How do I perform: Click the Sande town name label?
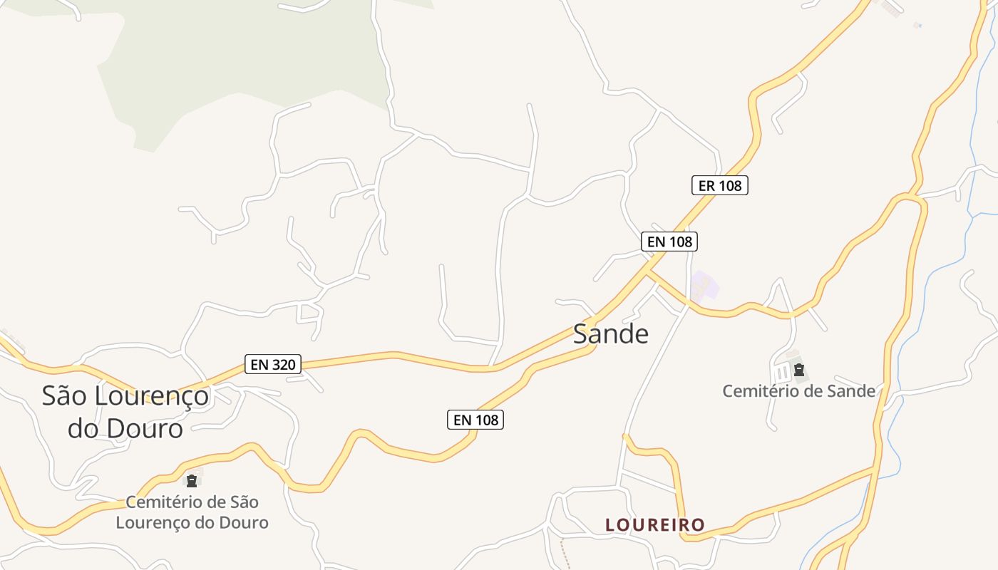611,333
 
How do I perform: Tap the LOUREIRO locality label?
654,525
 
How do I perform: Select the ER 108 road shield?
719,185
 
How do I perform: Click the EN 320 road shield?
273,364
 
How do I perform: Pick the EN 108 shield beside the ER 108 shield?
668,242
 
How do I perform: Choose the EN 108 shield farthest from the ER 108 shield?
475,420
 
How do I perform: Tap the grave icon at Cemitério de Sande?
799,370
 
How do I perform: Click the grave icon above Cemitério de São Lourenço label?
191,480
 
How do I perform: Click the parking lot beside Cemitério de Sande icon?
783,371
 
